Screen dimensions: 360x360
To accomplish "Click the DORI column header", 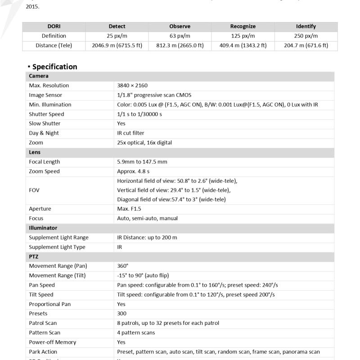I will tap(54, 27).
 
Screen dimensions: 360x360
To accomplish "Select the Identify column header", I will tap(306, 27).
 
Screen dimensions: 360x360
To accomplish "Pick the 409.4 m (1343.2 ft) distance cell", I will tap(243, 45).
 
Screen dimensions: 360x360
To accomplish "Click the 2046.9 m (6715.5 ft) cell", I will tap(117, 45).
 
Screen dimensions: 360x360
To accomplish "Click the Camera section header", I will tap(39, 76).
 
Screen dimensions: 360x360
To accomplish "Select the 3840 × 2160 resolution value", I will tap(132, 85).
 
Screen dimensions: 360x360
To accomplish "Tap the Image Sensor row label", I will tap(45, 95).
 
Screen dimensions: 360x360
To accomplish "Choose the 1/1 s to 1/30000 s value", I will tap(139, 114).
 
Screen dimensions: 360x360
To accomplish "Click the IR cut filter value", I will tap(130, 133).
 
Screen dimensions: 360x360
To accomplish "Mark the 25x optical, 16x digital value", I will tap(144, 143).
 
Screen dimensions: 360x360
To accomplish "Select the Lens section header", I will tap(35, 152).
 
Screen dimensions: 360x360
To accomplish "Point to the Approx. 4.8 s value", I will tap(133, 171).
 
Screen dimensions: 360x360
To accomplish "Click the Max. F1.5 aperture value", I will tap(130, 209).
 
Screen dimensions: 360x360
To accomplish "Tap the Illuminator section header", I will tap(43, 228).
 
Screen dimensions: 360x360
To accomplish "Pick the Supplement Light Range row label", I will tap(58, 238).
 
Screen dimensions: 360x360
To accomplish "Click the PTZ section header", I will tap(34, 256).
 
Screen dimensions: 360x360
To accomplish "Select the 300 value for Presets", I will tap(121, 314).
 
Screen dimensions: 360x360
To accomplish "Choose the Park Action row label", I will tap(43, 352).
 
